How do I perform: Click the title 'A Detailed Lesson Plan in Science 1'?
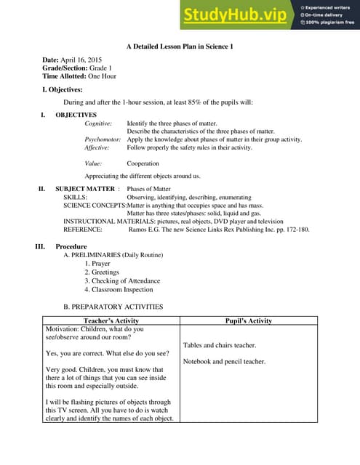(x=179, y=46)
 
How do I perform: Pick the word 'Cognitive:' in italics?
(x=98, y=124)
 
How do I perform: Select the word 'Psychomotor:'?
(x=103, y=139)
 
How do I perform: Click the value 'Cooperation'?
(x=143, y=163)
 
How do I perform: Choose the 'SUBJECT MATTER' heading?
(x=85, y=189)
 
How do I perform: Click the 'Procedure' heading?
(x=71, y=247)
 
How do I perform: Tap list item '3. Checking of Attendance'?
(x=122, y=280)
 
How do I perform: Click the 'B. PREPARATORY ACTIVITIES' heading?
(x=113, y=307)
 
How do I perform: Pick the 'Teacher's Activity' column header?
(x=111, y=320)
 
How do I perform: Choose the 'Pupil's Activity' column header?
(x=249, y=320)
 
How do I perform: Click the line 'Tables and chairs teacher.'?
(x=220, y=345)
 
